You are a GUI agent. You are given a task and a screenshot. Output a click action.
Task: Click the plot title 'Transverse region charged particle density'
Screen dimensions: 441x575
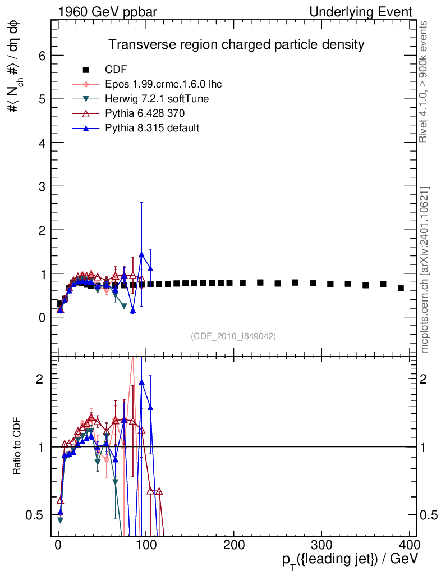coord(236,45)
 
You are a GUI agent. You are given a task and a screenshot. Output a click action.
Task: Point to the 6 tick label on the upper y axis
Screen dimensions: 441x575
coord(43,56)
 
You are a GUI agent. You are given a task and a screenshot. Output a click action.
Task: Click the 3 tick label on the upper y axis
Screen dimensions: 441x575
coord(43,186)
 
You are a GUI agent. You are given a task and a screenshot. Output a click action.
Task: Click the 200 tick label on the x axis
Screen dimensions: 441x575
coord(234,545)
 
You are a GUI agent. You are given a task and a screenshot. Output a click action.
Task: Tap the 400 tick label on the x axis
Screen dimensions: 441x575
coord(409,545)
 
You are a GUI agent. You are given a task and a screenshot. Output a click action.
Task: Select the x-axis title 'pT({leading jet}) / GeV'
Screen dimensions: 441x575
coord(350,560)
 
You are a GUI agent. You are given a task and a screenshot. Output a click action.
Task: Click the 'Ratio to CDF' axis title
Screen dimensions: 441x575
coord(17,446)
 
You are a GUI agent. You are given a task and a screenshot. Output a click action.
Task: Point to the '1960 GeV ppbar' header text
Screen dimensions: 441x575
coord(108,12)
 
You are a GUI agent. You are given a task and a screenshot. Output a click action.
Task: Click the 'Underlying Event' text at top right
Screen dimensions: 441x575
coord(361,12)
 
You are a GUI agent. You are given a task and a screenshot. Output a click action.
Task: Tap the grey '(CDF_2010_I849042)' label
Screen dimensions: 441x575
coord(233,336)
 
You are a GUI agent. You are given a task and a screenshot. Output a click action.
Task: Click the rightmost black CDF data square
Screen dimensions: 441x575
coord(401,288)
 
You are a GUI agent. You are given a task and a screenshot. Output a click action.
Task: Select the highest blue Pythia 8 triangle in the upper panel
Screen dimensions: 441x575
coord(141,255)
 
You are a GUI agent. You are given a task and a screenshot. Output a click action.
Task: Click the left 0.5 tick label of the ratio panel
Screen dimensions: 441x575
coord(34,515)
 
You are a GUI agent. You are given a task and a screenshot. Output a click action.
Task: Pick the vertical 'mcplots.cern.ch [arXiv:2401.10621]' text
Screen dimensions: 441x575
coord(424,270)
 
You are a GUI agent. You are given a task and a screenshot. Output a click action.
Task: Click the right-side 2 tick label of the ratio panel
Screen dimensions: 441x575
coord(424,379)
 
